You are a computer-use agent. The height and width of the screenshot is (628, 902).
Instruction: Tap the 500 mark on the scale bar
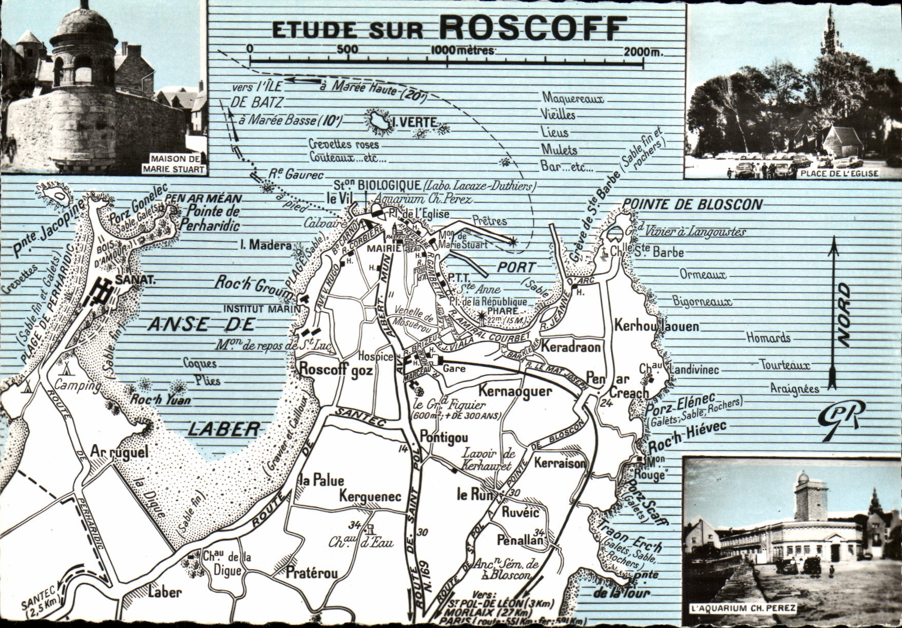[x=347, y=50]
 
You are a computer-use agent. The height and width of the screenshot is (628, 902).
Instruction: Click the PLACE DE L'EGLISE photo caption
[x=837, y=174]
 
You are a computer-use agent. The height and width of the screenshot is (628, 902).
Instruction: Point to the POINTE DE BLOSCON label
[x=692, y=204]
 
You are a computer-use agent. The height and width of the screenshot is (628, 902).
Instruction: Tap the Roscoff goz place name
[x=336, y=369]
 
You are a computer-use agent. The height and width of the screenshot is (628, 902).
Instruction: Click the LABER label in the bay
[x=223, y=429]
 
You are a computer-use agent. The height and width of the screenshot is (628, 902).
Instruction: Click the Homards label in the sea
[x=768, y=338]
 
